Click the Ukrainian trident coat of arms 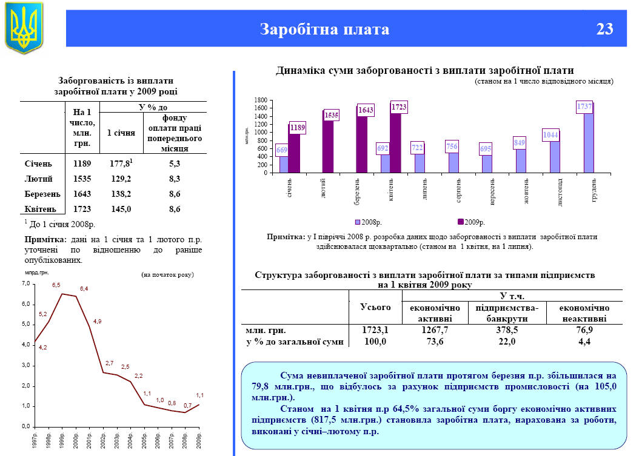pyautogui.click(x=24, y=27)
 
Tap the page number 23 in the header pyautogui.click(x=604, y=29)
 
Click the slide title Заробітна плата pyautogui.click(x=324, y=29)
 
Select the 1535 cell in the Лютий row pyautogui.click(x=81, y=179)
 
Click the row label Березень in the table pyautogui.click(x=42, y=194)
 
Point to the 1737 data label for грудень pyautogui.click(x=584, y=107)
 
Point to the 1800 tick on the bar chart pyautogui.click(x=261, y=100)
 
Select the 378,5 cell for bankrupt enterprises pyautogui.click(x=507, y=330)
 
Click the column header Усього pyautogui.click(x=376, y=308)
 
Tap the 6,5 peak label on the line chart pyautogui.click(x=56, y=285)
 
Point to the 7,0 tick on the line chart pyautogui.click(x=25, y=283)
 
